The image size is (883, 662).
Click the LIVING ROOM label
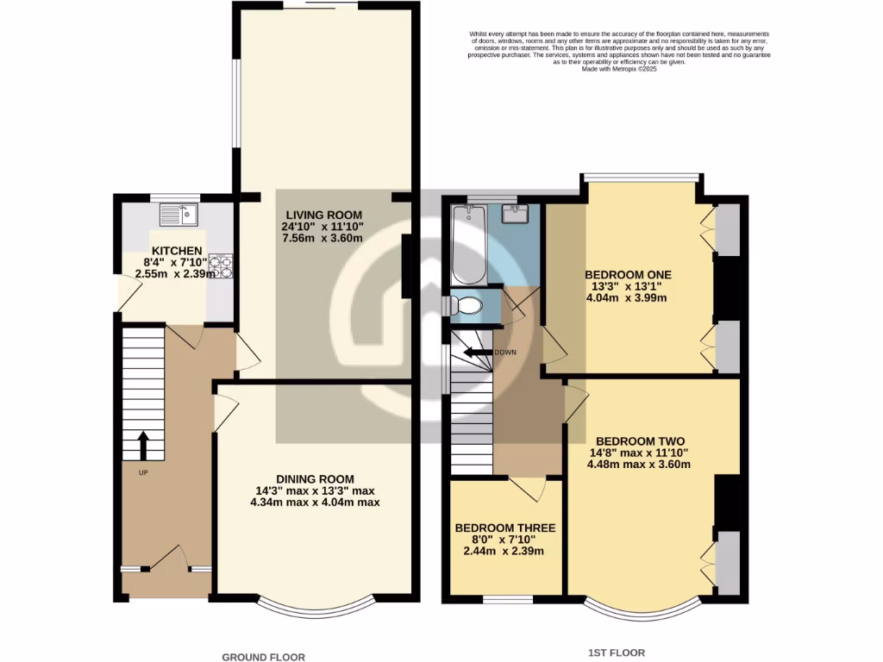(324, 215)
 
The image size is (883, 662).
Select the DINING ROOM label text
(315, 478)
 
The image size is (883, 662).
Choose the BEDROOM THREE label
(505, 528)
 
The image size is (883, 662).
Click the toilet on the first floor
(466, 304)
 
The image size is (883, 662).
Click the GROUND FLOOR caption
(264, 657)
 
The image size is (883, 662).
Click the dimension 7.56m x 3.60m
(324, 239)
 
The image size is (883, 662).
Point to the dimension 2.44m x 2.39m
(505, 551)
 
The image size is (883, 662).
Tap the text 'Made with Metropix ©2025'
(619, 68)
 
